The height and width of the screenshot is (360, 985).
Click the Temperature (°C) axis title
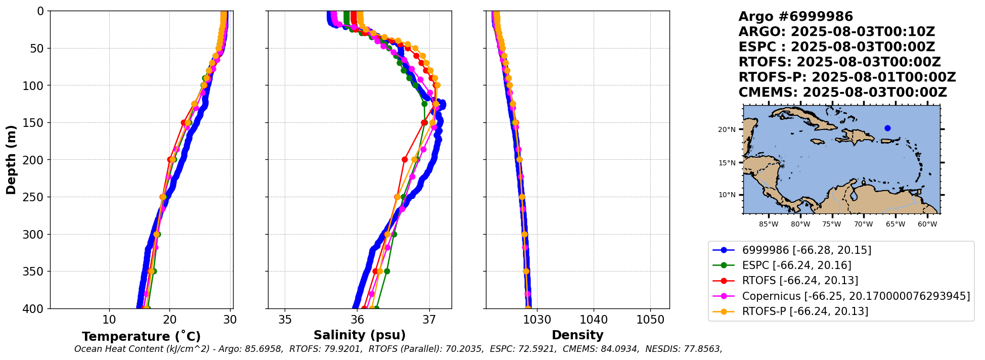[x=141, y=337]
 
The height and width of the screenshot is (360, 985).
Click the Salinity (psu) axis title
[x=360, y=335]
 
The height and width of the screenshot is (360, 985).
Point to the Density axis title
[x=577, y=335]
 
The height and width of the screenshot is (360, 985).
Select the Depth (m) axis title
[x=11, y=160]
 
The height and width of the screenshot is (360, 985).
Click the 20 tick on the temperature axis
[x=169, y=320]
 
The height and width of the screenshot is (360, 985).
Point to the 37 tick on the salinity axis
[x=429, y=320]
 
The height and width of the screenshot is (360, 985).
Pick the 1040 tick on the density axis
[x=594, y=320]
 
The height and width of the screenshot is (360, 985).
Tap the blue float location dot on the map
[x=887, y=128]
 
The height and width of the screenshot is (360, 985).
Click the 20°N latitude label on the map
[x=727, y=130]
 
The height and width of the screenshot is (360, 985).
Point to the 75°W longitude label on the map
[x=832, y=224]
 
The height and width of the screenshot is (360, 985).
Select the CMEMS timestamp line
[x=842, y=93]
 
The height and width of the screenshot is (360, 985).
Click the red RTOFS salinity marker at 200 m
[x=405, y=159]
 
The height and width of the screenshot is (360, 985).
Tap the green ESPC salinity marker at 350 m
[x=387, y=271]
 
